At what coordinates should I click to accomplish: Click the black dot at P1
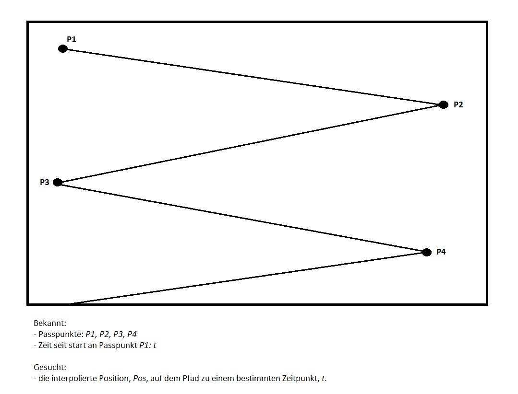62,48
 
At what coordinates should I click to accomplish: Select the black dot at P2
444,104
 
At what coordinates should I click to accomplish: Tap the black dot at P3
58,182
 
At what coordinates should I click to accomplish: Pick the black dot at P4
427,252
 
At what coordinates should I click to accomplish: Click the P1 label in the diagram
72,39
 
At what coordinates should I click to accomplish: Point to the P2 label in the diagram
458,104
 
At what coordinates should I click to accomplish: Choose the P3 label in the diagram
45,182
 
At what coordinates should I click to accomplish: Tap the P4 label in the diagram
441,252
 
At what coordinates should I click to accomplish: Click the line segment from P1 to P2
253,77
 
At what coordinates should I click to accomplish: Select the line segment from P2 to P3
251,143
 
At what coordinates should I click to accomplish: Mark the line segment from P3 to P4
242,217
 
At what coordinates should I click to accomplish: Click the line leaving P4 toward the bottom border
248,278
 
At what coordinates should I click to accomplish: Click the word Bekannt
49,324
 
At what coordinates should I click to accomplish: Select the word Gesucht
49,368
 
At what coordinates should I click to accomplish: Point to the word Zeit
46,345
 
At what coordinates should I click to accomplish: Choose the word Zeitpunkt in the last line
301,379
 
